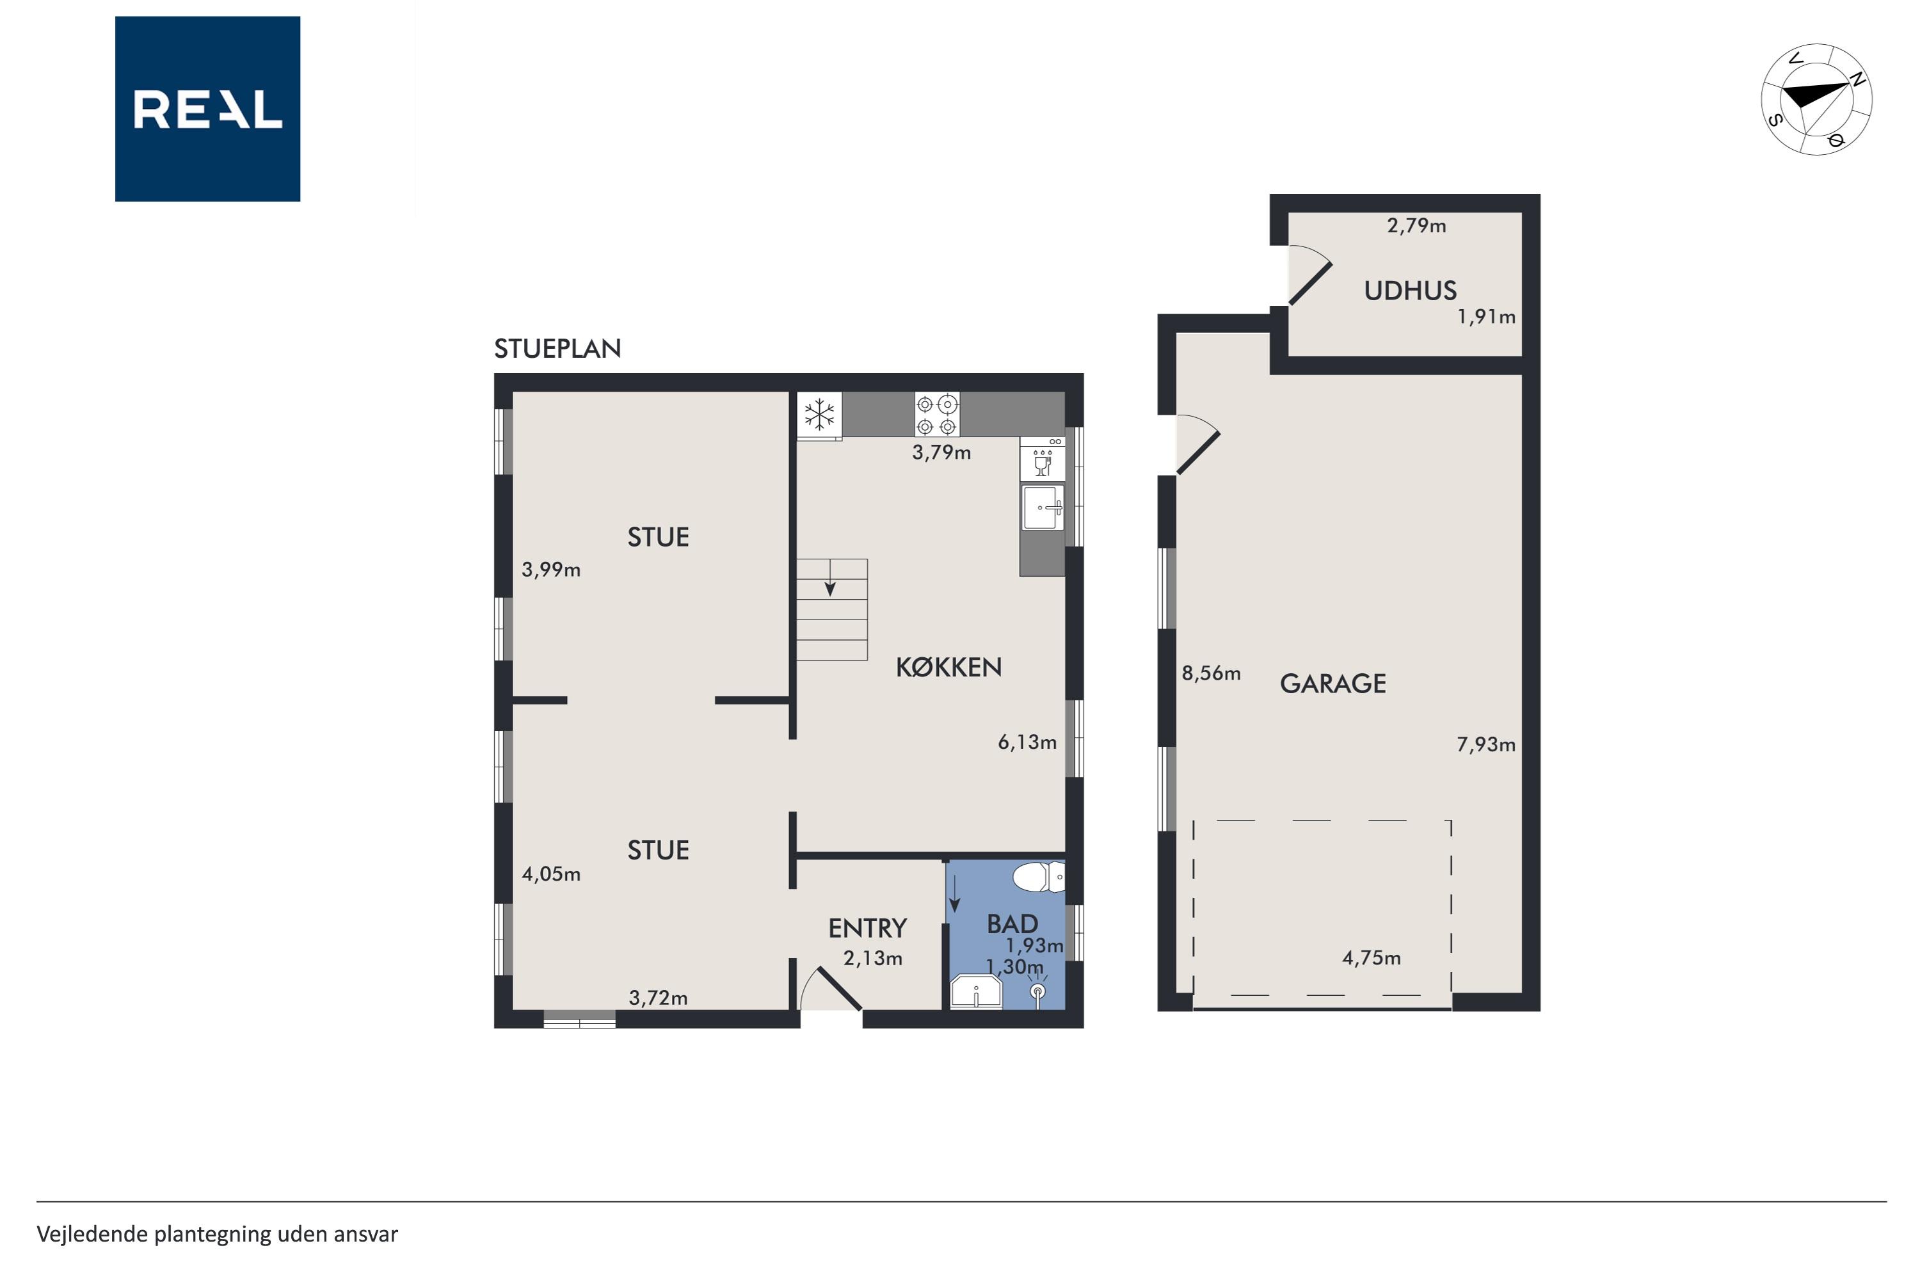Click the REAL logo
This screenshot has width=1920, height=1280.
click(207, 109)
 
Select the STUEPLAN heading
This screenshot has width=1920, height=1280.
click(557, 349)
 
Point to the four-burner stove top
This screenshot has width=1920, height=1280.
click(936, 415)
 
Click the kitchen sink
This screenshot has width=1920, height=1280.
click(1043, 507)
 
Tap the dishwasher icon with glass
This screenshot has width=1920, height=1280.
click(1043, 459)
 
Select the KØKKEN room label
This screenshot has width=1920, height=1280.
click(948, 668)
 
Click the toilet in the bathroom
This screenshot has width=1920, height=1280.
click(1038, 877)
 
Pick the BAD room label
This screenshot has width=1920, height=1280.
click(1012, 924)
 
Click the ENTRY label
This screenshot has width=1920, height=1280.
click(868, 928)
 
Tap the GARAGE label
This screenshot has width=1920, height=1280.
click(1333, 684)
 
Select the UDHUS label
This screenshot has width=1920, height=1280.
click(1411, 291)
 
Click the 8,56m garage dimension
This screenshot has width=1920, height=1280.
click(1212, 673)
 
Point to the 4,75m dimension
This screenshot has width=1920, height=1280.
click(1372, 957)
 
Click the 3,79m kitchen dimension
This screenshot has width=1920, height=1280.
click(941, 452)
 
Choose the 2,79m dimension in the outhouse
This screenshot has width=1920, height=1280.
click(1416, 225)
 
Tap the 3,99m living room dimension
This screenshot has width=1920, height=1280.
click(551, 570)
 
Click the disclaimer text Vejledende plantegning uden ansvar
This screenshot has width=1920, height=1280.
click(217, 1235)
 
